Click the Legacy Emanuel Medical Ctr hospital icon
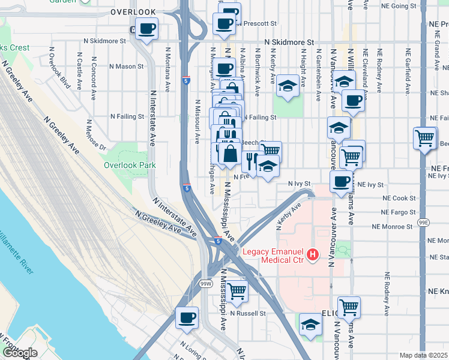(x=312, y=256)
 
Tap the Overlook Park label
(x=130, y=165)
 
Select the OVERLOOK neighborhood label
(x=133, y=11)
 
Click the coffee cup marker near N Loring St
(x=187, y=317)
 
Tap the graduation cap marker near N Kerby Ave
(x=288, y=86)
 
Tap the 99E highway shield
(x=424, y=223)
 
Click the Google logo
(x=20, y=353)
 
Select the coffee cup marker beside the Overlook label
(x=146, y=28)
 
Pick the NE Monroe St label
(x=393, y=227)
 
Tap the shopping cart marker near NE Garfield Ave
(x=424, y=138)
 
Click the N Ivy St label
(x=298, y=184)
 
